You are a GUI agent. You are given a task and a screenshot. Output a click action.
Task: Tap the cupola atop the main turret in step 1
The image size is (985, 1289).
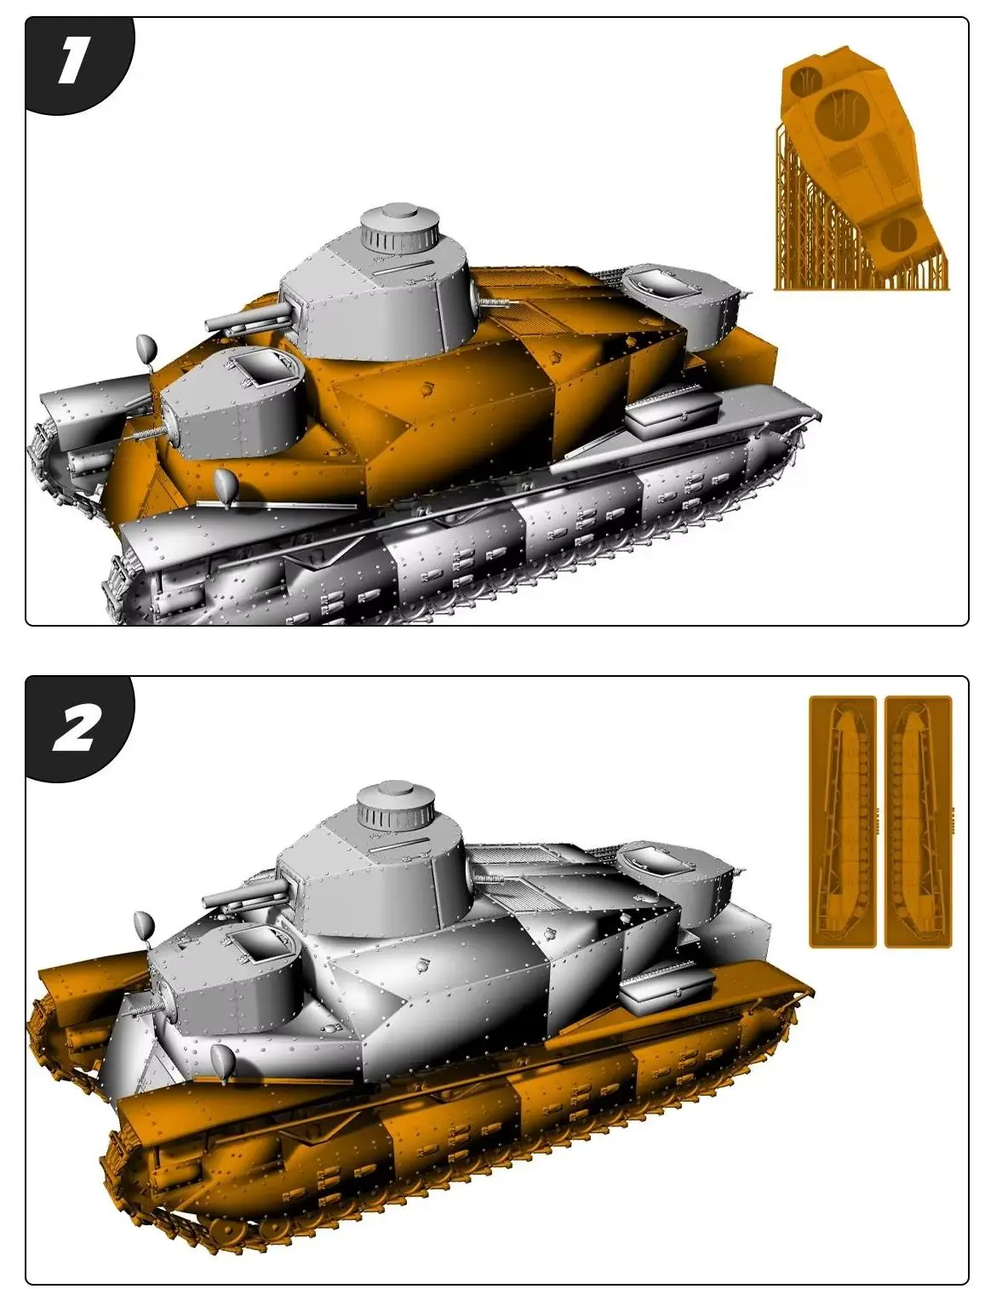click(x=399, y=226)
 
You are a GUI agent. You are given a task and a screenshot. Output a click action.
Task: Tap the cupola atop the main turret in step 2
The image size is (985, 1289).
click(x=397, y=806)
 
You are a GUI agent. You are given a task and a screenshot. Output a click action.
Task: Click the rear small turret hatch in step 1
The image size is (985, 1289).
click(x=663, y=282)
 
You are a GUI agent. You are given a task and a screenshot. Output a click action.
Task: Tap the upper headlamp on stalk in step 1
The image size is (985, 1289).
click(x=146, y=347)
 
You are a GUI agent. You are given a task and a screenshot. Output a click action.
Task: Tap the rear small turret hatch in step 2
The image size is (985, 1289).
click(x=656, y=862)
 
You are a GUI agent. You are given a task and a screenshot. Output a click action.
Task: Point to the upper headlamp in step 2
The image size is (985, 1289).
click(x=143, y=925)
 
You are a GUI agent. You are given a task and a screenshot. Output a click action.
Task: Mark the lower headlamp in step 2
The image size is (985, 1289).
click(x=223, y=1061)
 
